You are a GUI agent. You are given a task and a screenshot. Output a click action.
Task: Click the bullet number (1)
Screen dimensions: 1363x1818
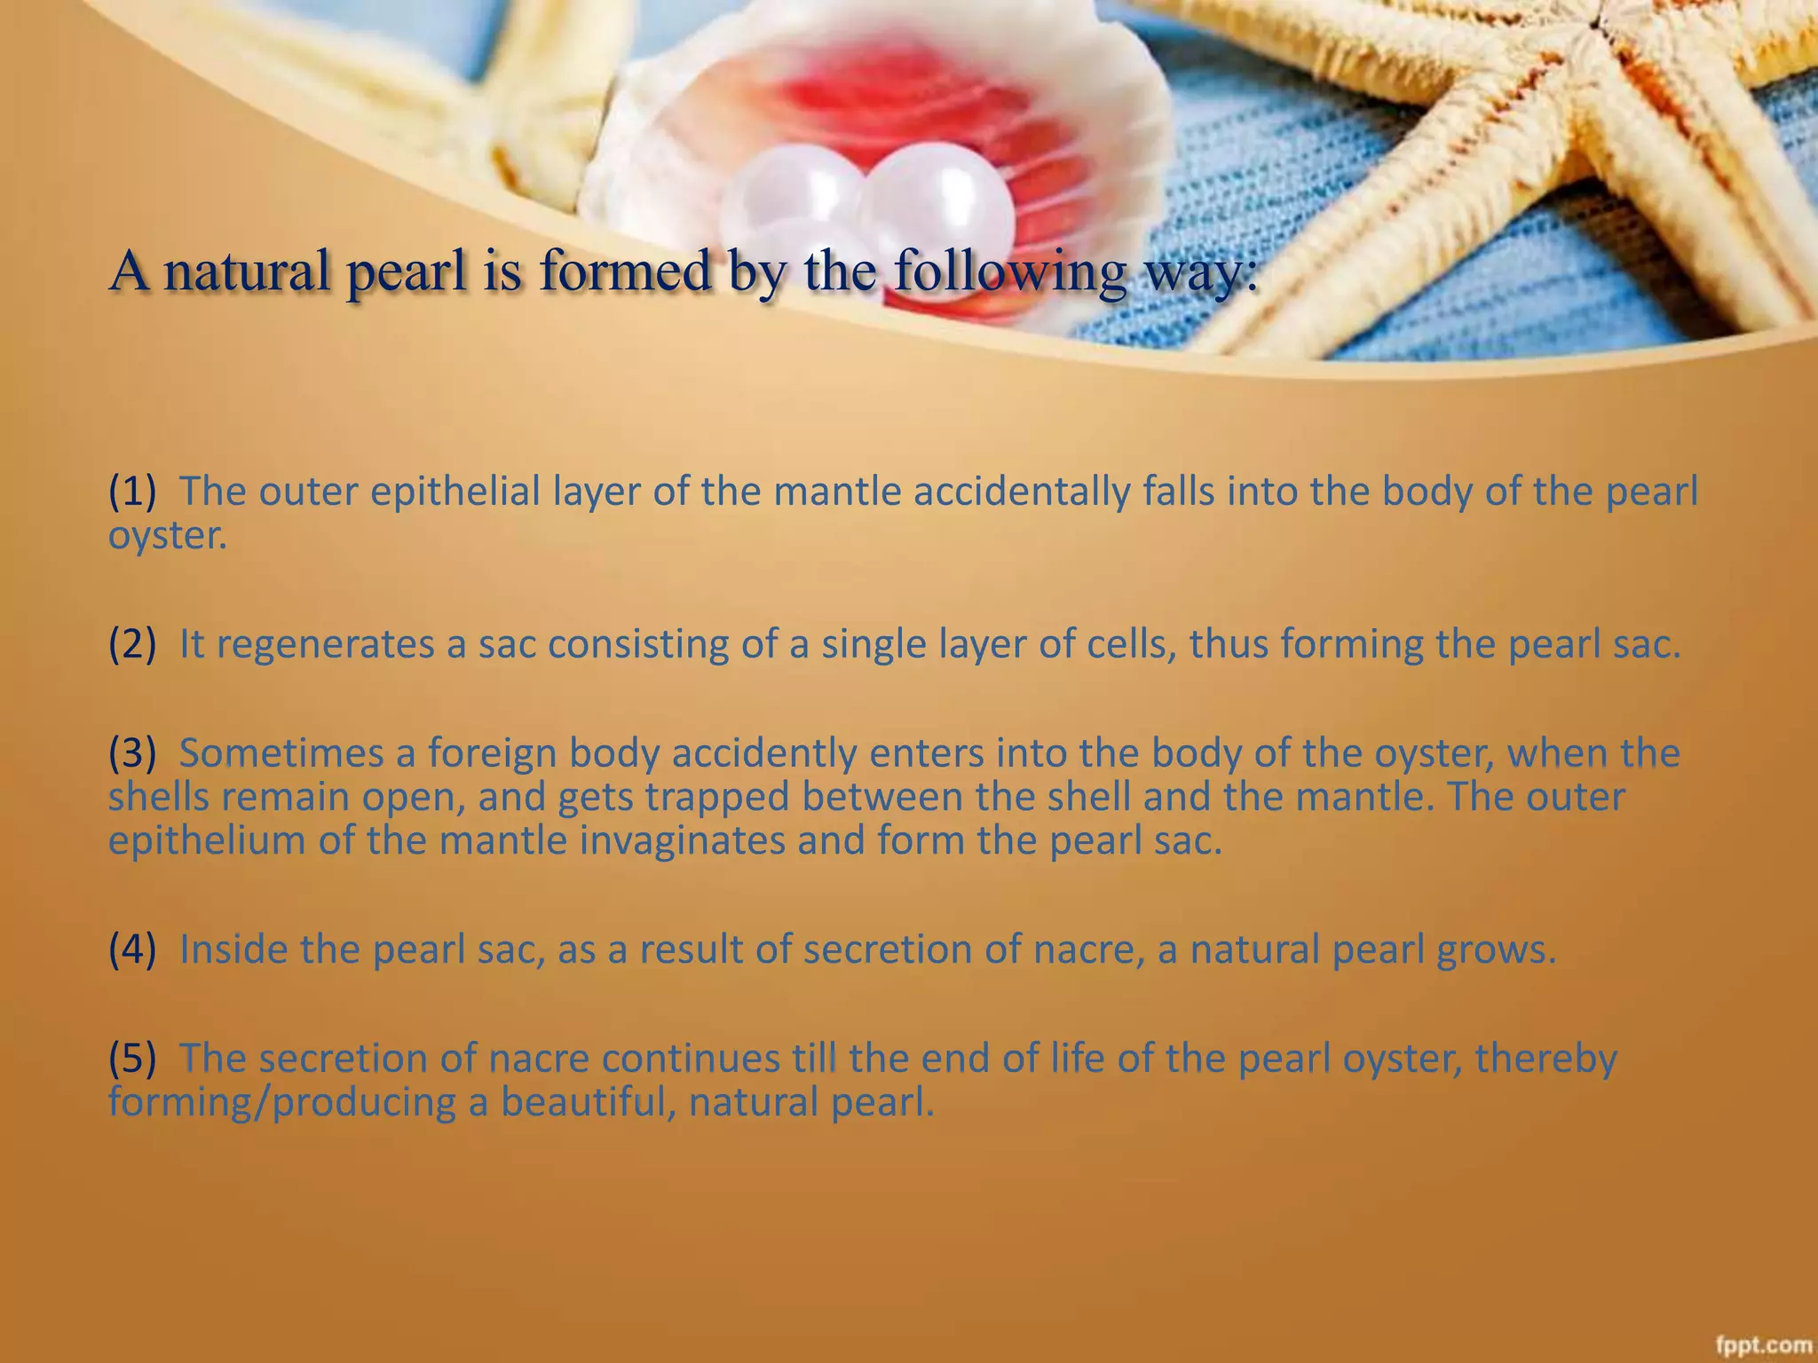coord(132,491)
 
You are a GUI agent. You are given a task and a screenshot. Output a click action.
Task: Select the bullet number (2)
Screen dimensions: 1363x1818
coord(132,643)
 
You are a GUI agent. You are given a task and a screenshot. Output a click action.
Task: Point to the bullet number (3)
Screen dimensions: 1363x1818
coord(132,752)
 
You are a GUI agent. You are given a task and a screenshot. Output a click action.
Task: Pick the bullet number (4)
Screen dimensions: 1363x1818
coord(132,949)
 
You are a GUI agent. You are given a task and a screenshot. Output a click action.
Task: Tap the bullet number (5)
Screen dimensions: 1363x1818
coord(132,1058)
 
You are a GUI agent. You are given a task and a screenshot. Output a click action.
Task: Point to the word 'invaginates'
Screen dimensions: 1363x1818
coord(683,839)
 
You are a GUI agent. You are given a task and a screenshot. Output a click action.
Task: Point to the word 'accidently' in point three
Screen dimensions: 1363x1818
coord(764,752)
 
